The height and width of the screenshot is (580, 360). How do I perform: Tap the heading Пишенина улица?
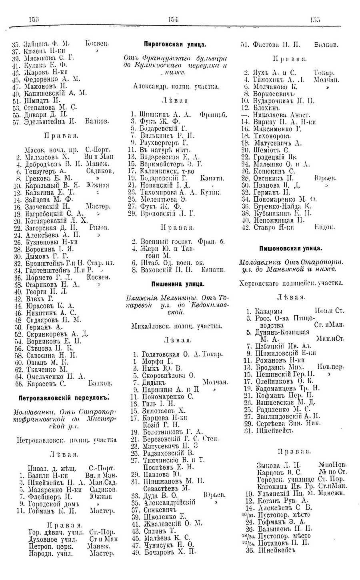point(178,284)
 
